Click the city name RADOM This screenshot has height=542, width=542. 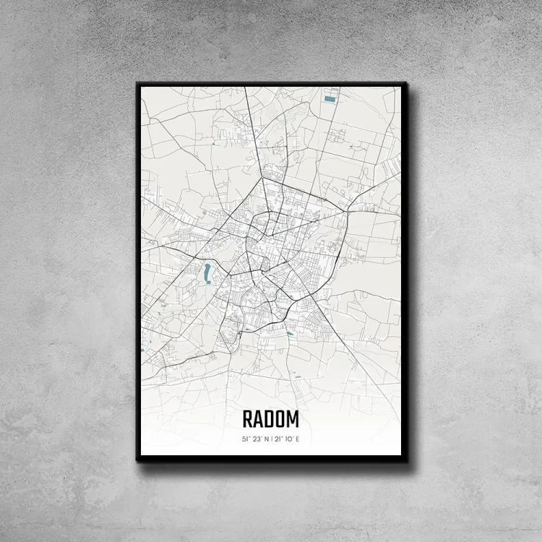270,419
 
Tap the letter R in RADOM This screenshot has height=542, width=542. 247,419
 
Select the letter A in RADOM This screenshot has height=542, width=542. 258,419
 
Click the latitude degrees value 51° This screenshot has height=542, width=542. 246,439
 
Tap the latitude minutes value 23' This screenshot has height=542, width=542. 257,439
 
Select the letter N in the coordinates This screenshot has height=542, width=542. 267,439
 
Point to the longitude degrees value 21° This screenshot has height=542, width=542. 277,439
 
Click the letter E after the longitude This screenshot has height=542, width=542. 296,439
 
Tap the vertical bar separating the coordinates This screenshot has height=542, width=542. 272,439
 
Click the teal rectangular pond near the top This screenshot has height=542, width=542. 330,98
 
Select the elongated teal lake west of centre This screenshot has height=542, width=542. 207,272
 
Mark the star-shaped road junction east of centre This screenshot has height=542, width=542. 348,210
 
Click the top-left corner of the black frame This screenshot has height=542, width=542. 137,83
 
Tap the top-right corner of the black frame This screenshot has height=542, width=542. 406,83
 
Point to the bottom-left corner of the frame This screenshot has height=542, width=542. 137,460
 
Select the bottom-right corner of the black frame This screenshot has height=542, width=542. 406,460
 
